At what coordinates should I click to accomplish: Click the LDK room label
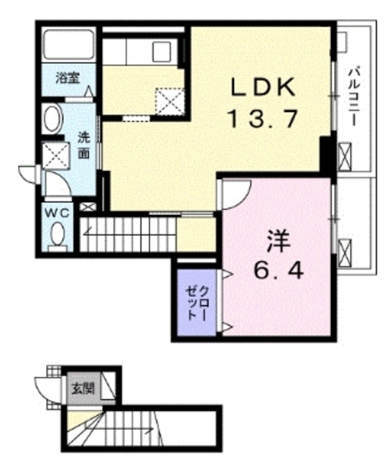coord(262,87)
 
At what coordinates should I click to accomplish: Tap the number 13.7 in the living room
coord(262,119)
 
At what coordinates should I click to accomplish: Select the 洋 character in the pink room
coord(274,240)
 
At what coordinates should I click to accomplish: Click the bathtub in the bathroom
coord(68,46)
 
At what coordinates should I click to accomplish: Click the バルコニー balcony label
coord(355,98)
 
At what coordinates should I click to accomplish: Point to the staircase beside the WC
coord(126,233)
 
